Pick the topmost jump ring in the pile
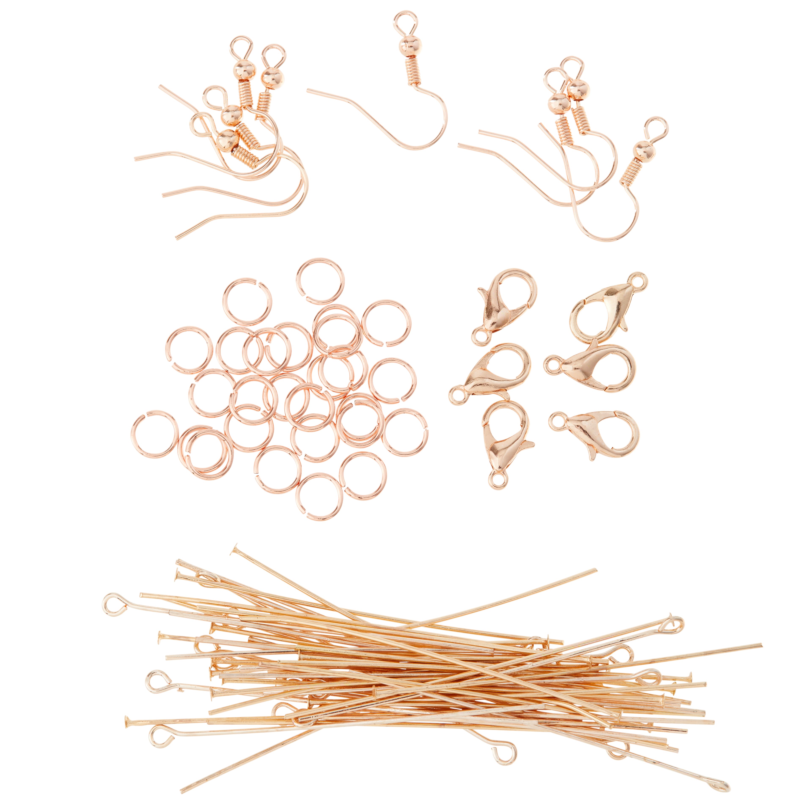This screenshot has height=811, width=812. (320, 281)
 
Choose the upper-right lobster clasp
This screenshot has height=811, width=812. (605, 309)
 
